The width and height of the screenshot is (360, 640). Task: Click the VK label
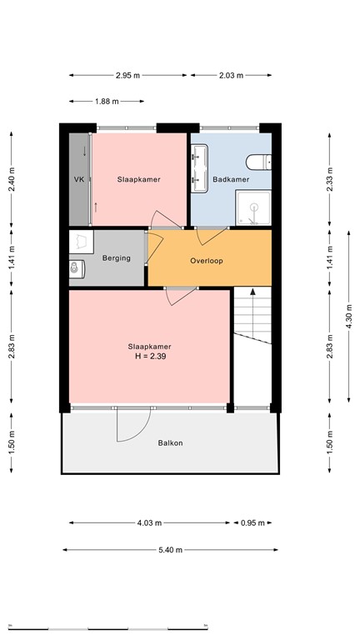(x=79, y=179)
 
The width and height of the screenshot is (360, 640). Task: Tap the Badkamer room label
(x=231, y=179)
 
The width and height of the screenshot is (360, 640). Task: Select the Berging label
(x=117, y=258)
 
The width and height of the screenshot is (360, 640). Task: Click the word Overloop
(x=207, y=260)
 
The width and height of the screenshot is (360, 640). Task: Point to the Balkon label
(x=170, y=442)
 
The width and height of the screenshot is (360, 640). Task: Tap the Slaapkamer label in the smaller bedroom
(x=138, y=179)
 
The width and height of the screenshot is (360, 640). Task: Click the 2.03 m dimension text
(x=230, y=76)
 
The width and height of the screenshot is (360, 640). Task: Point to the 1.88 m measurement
(x=107, y=102)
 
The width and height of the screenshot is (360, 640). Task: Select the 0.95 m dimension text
(x=252, y=523)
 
